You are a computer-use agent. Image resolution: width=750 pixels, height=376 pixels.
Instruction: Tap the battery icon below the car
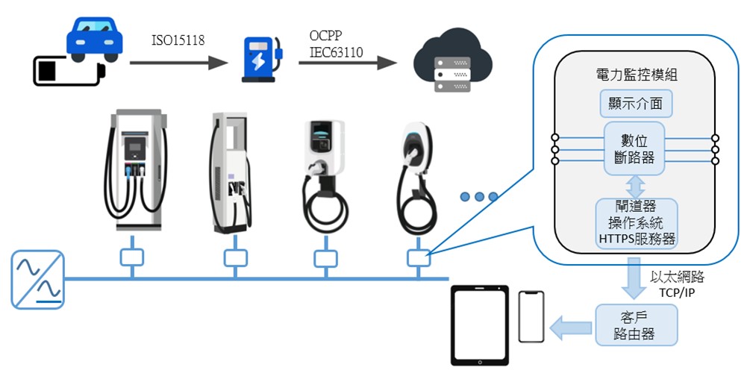click(x=67, y=72)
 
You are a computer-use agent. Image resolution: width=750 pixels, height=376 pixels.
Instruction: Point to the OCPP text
click(x=326, y=36)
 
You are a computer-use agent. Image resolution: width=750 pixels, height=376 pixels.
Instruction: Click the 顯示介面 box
click(x=636, y=103)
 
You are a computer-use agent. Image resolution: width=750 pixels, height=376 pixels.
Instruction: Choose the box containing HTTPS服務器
click(x=636, y=223)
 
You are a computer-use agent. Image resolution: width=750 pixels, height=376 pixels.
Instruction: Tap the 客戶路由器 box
click(x=637, y=325)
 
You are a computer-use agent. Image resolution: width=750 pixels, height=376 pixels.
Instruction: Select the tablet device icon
click(x=479, y=326)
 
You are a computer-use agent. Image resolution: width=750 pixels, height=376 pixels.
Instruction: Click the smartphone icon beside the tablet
click(x=531, y=317)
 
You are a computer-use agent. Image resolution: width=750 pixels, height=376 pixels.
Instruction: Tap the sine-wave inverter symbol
click(x=37, y=280)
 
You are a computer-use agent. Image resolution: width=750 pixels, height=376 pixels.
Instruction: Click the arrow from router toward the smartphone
click(x=571, y=325)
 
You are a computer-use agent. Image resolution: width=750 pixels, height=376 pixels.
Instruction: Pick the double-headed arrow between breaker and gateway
click(x=635, y=186)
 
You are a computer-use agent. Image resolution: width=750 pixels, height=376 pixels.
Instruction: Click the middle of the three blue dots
click(x=479, y=197)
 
